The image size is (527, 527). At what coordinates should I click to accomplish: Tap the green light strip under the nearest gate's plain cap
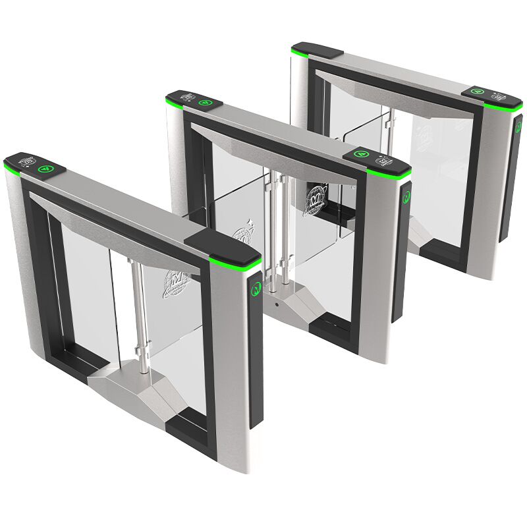[x=244, y=265]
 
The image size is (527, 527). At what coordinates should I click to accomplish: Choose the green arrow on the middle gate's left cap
[x=205, y=103]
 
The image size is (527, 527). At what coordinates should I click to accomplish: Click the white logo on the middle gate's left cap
[x=188, y=97]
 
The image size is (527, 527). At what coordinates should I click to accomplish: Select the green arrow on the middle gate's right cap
[x=360, y=154]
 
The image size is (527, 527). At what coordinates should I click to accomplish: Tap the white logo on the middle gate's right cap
[x=381, y=160]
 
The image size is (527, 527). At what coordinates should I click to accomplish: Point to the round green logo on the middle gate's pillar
[x=406, y=196]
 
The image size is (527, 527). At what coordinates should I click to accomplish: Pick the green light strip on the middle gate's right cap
[x=388, y=174]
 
